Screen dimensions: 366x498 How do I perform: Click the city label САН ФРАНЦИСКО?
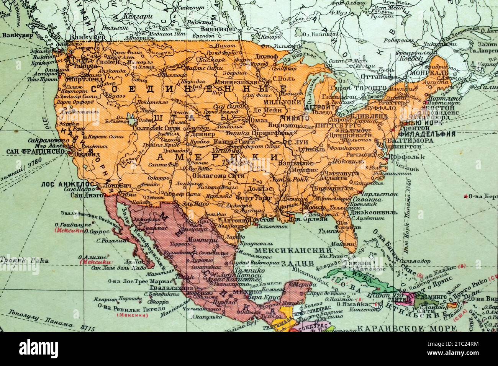coord(34,151)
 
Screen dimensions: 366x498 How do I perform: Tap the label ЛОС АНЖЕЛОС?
coord(63,184)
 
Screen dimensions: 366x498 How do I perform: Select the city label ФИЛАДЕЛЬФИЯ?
coord(426,134)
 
